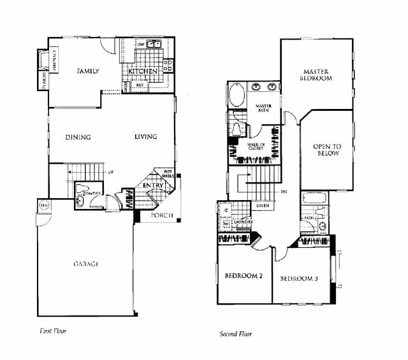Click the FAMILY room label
(x=87, y=71)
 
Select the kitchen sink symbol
(x=152, y=45)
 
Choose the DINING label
(x=78, y=137)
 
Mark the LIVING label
(x=145, y=137)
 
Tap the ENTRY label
(x=152, y=185)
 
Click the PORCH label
(x=161, y=215)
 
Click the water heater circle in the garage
(x=44, y=205)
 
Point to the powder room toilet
(x=81, y=200)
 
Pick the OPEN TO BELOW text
(x=326, y=150)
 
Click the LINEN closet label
(x=262, y=206)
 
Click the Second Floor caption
(x=235, y=334)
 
